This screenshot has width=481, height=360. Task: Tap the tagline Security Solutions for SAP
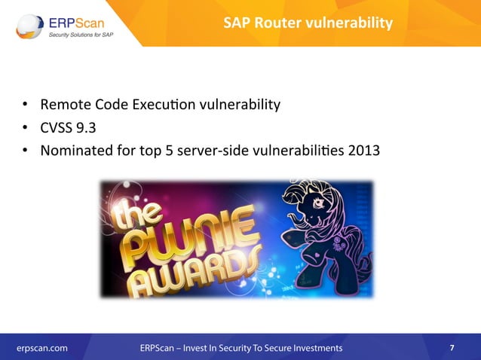point(84,35)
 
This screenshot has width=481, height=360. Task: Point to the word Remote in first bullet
point(64,104)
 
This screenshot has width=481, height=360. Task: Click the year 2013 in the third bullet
point(363,151)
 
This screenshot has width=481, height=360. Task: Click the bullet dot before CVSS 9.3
point(24,127)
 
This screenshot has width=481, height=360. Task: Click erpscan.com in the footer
point(42,348)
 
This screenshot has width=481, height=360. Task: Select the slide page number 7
point(452,348)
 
